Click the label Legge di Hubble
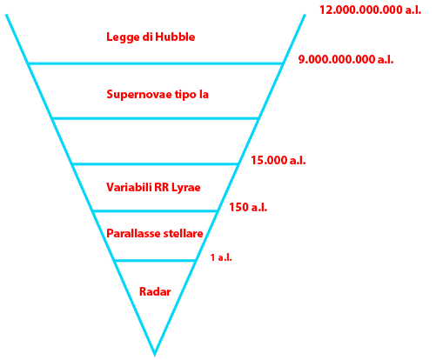(151, 37)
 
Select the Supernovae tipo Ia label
(158, 95)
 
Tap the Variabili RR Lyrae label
(153, 188)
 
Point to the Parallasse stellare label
(155, 233)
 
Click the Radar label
(155, 291)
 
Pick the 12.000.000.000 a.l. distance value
(370, 10)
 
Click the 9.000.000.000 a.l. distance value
(345, 59)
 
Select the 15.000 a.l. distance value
(278, 160)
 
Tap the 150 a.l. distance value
(248, 207)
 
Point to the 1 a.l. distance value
(221, 257)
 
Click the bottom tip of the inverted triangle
(155, 356)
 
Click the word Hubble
(175, 37)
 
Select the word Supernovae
(139, 95)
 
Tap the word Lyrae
(186, 188)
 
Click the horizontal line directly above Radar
(155, 261)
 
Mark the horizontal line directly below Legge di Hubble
(156, 63)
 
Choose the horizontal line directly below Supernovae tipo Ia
(156, 118)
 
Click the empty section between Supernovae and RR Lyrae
(155, 142)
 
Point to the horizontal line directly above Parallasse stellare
(155, 210)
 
